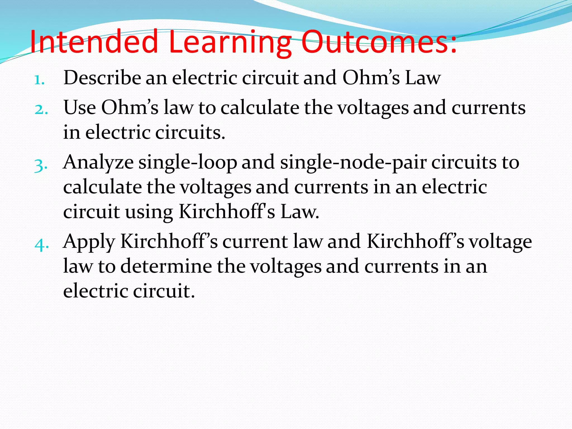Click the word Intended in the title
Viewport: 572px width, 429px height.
click(94, 42)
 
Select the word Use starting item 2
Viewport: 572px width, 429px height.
click(80, 107)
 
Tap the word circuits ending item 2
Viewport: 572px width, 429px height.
click(190, 132)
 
